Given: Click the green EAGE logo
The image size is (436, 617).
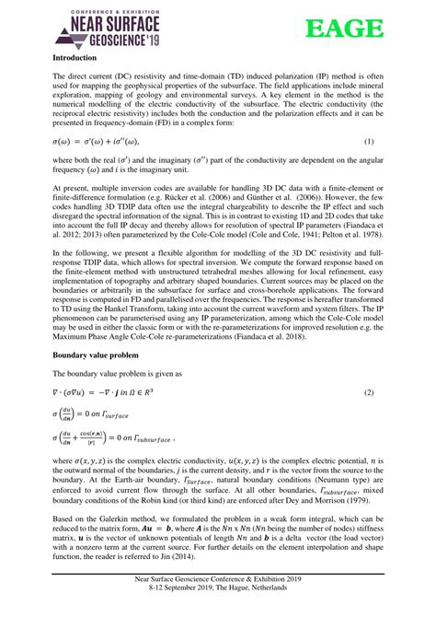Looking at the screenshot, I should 348,29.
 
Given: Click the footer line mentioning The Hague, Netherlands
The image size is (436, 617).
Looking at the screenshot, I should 218,608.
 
